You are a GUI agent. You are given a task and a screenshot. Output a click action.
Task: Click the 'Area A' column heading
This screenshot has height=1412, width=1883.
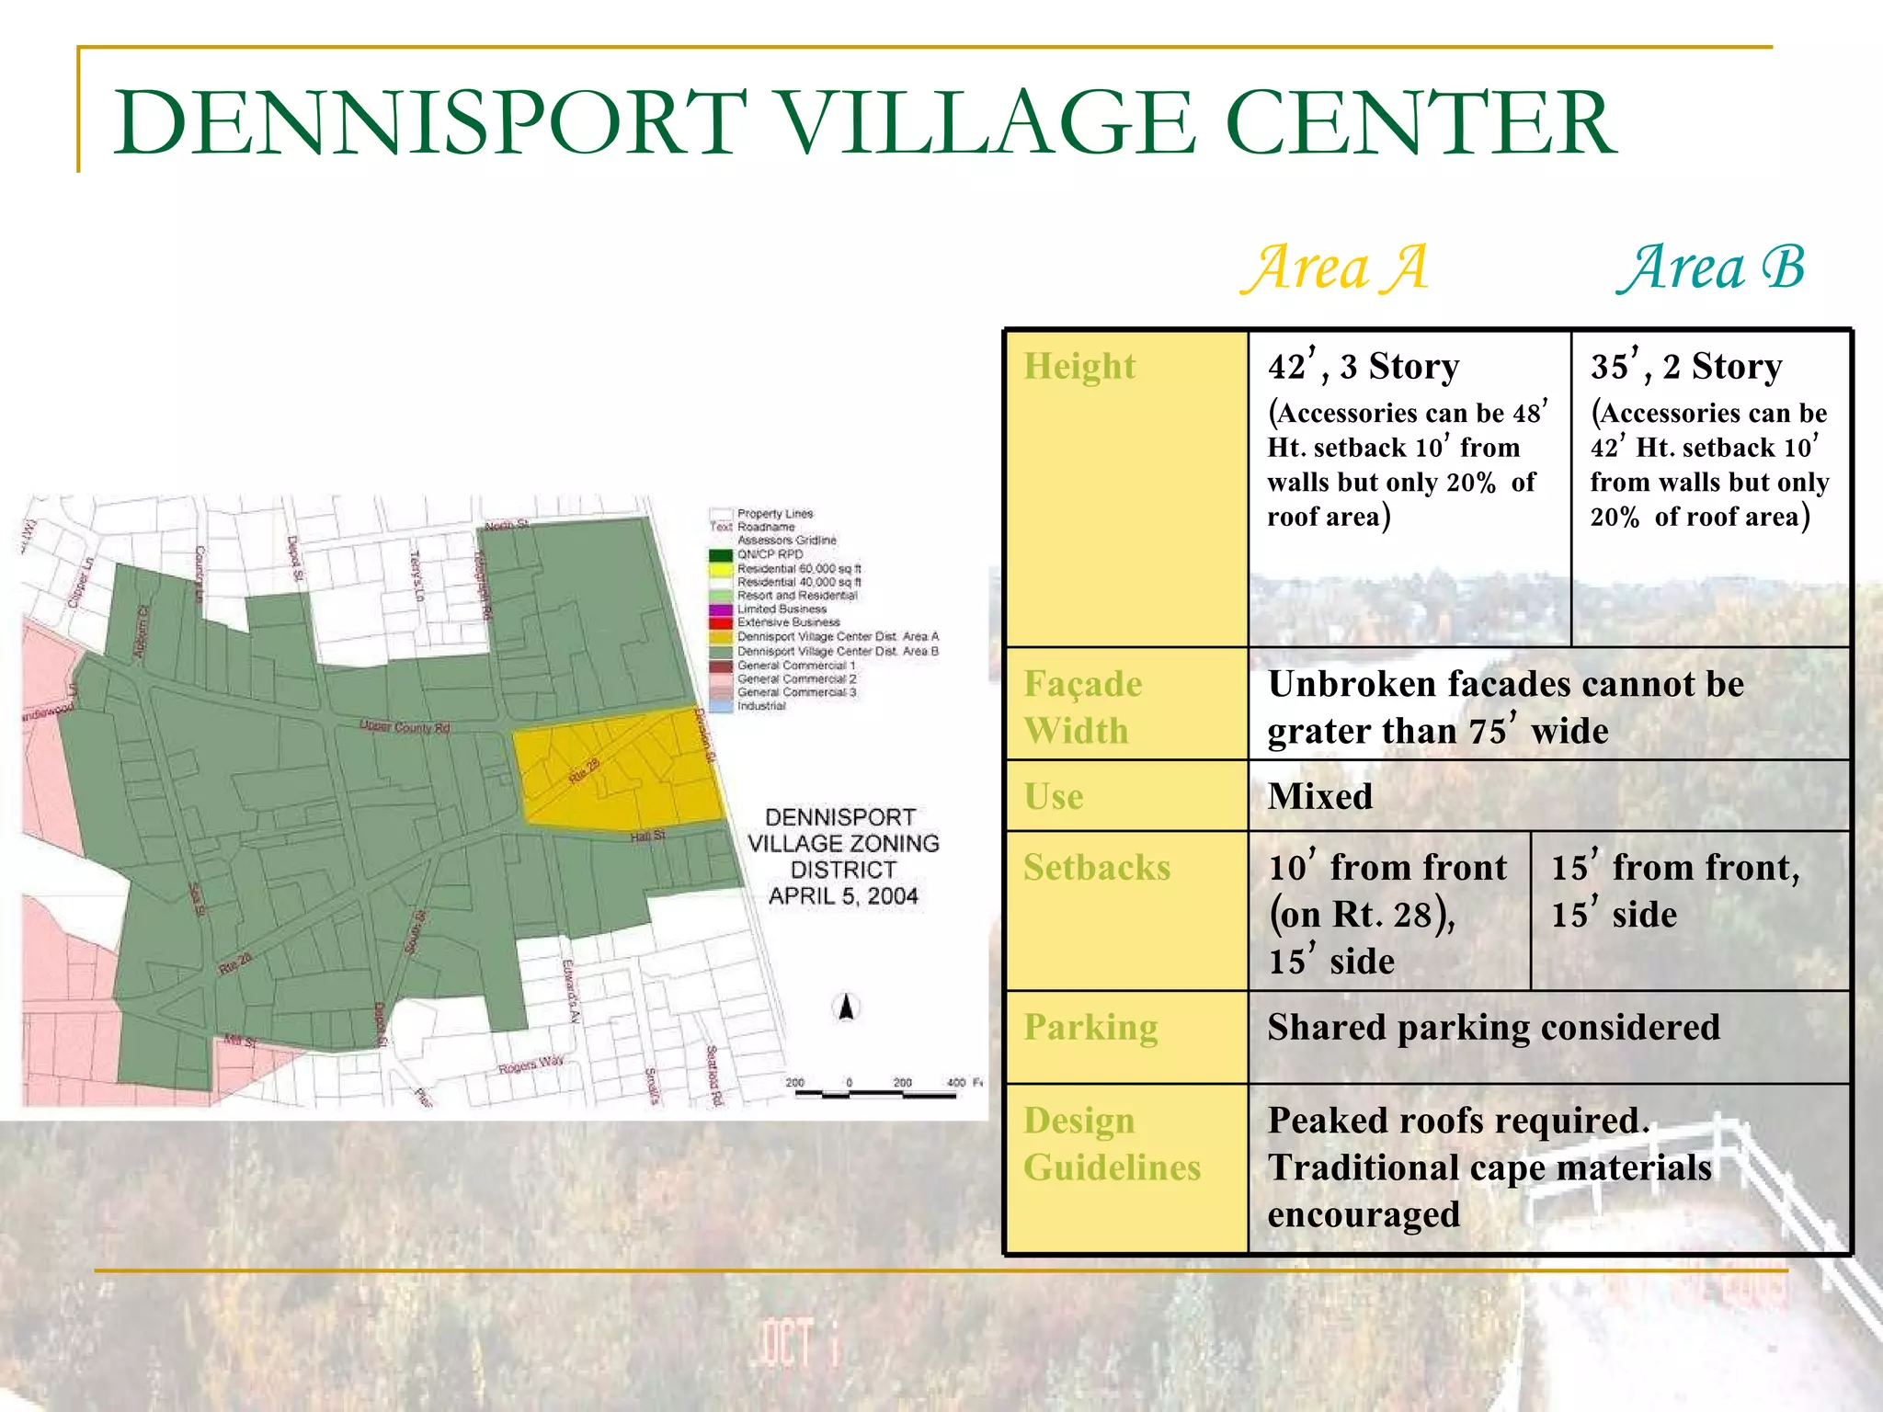click(x=1335, y=268)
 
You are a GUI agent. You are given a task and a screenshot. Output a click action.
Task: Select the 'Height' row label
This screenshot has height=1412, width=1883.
click(x=1079, y=366)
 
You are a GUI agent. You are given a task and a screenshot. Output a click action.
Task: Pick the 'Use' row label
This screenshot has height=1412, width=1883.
click(x=1054, y=796)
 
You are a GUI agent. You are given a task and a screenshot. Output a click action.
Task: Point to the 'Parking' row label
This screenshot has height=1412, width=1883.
click(x=1090, y=1027)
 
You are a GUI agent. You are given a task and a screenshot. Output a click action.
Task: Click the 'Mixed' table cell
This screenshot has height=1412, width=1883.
click(x=1320, y=796)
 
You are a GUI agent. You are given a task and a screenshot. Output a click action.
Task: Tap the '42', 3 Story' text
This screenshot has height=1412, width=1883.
click(x=1364, y=366)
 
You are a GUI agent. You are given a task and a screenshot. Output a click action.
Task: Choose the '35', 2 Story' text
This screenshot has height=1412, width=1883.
click(x=1686, y=366)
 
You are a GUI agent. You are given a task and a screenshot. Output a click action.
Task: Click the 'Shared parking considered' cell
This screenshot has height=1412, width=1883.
click(x=1493, y=1027)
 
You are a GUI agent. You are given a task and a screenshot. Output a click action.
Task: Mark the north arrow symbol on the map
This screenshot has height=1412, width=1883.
click(x=847, y=1008)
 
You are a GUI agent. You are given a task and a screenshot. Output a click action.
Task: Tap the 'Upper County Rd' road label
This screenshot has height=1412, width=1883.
click(x=405, y=727)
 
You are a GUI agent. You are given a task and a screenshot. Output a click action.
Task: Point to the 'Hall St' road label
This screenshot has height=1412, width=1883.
click(x=647, y=837)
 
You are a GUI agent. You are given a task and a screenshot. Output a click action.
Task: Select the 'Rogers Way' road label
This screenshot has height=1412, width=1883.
click(x=531, y=1065)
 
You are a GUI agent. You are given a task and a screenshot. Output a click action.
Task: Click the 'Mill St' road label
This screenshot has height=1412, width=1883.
click(x=240, y=1042)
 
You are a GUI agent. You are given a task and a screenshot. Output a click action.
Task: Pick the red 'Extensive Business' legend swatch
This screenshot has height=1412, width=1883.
click(x=721, y=622)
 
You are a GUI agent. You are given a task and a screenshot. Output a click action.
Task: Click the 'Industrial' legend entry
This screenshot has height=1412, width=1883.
click(x=761, y=706)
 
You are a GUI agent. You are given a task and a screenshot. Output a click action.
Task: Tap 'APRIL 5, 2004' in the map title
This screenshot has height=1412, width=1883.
click(x=843, y=896)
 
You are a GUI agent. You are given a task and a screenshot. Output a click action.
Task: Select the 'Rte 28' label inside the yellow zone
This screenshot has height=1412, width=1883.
click(x=584, y=770)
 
